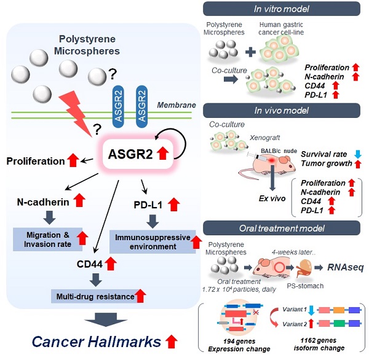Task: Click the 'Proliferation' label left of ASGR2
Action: coord(36,161)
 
